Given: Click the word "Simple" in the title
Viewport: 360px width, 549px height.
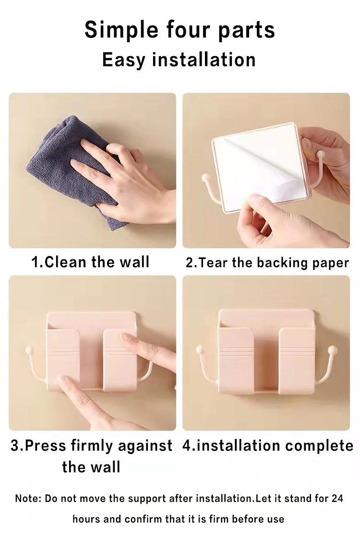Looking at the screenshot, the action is pyautogui.click(x=121, y=30).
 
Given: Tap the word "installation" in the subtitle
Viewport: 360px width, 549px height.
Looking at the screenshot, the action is pyautogui.click(x=204, y=60).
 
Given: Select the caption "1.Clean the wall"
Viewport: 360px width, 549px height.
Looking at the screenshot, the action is pyautogui.click(x=90, y=262).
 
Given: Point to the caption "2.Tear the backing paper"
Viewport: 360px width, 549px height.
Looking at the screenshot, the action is pyautogui.click(x=267, y=263).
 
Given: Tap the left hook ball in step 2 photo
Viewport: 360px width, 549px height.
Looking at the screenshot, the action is pyautogui.click(x=206, y=178).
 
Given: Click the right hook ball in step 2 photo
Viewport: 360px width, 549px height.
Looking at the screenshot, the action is pyautogui.click(x=320, y=154).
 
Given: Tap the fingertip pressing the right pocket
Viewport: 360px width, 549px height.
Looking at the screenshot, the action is pyautogui.click(x=125, y=337).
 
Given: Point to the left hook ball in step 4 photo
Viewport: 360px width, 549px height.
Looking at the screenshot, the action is pyautogui.click(x=200, y=349).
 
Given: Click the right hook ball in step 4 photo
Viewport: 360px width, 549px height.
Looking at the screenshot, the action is pyautogui.click(x=333, y=350).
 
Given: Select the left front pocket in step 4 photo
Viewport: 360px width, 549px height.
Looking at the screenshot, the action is pyautogui.click(x=236, y=360).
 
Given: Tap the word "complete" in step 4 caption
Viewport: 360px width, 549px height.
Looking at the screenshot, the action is pyautogui.click(x=319, y=446).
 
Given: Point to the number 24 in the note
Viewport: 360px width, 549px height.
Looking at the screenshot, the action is pyautogui.click(x=337, y=498).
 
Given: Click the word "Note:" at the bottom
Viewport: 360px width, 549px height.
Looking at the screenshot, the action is pyautogui.click(x=28, y=498).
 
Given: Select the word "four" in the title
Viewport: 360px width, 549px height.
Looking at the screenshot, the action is pyautogui.click(x=188, y=30).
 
